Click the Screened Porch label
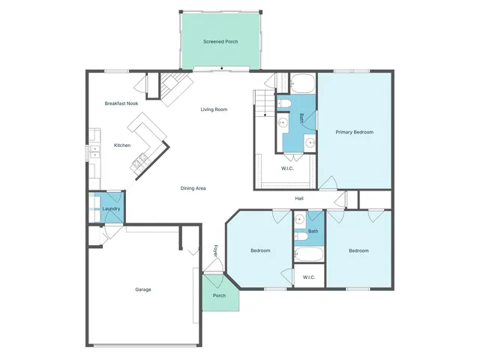click(x=220, y=41)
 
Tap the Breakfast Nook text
click(x=121, y=103)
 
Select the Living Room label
click(x=214, y=109)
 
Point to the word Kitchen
click(x=122, y=145)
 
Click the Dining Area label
click(x=193, y=187)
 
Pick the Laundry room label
click(x=111, y=208)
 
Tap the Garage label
click(x=143, y=289)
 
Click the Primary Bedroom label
click(x=354, y=132)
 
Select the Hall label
click(x=298, y=198)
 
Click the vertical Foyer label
click(x=215, y=251)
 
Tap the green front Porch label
click(x=219, y=295)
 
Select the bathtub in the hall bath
click(x=308, y=255)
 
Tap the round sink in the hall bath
click(x=298, y=220)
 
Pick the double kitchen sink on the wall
click(x=94, y=150)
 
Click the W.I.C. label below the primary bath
click(x=287, y=168)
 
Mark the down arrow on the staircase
click(x=264, y=115)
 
